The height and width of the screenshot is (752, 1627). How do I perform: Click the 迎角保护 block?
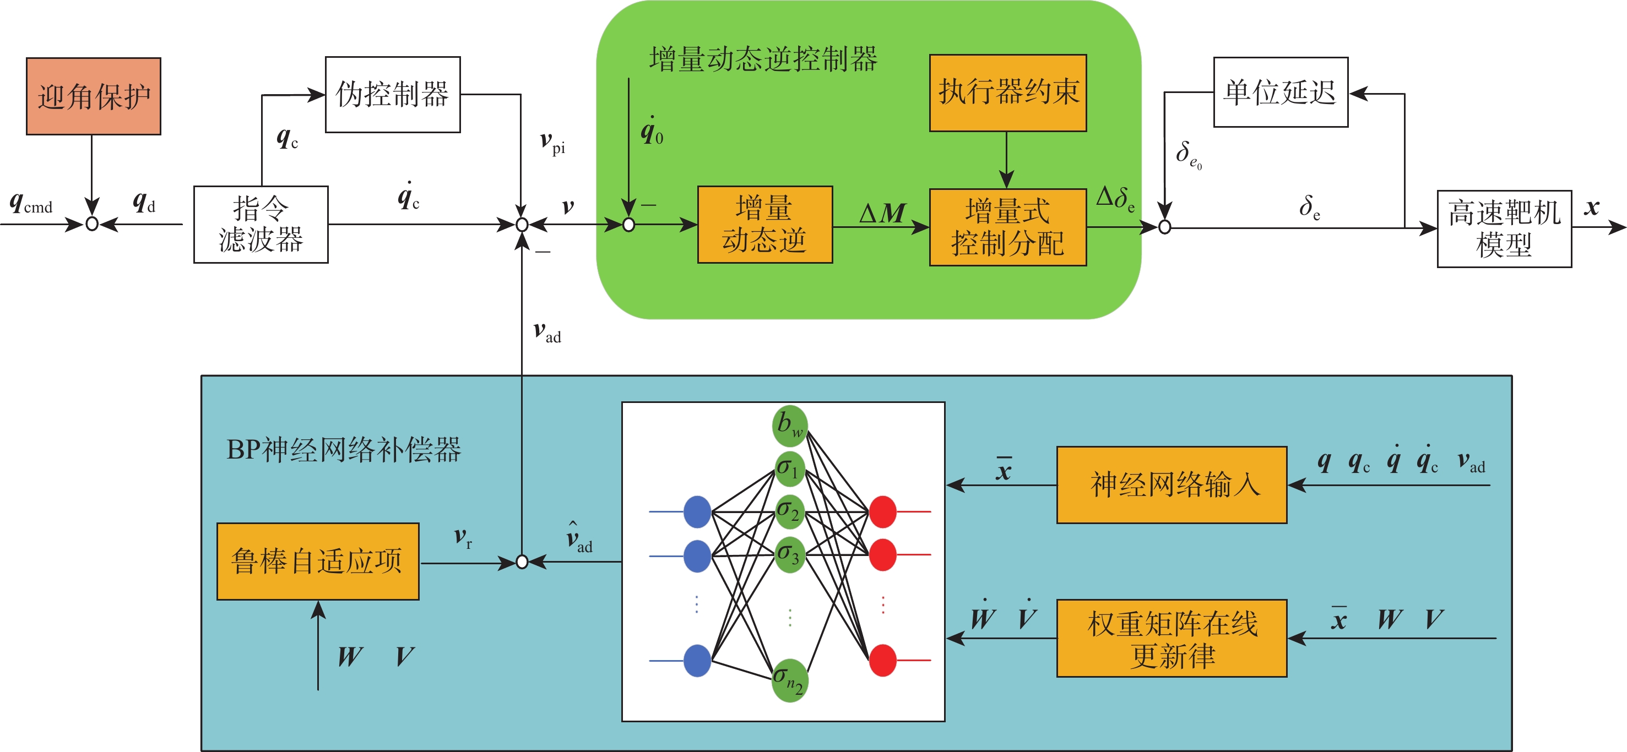[x=94, y=96]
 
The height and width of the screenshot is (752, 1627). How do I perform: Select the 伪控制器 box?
[x=392, y=94]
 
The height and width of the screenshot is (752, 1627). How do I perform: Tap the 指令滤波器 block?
[x=261, y=224]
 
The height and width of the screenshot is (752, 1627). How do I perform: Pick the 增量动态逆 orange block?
[x=764, y=224]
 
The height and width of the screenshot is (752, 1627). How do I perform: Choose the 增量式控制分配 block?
[x=1007, y=227]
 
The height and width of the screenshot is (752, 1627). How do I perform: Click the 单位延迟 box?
[x=1280, y=92]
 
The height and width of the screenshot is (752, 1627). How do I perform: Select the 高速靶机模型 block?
[x=1504, y=228]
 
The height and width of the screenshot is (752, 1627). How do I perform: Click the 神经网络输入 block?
[x=1172, y=484]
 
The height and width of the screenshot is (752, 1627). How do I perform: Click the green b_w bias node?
[x=789, y=425]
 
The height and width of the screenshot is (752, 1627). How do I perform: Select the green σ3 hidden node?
[x=789, y=555]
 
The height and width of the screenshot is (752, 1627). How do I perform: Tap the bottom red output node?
[x=882, y=661]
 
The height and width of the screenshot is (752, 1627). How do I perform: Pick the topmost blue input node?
[x=697, y=511]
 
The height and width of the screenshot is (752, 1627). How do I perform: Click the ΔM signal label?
[x=882, y=214]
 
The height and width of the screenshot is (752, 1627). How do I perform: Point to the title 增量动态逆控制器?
[x=763, y=59]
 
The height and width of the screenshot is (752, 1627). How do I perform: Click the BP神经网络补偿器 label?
[x=344, y=450]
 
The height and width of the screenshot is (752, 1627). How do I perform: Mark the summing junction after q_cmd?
[x=92, y=224]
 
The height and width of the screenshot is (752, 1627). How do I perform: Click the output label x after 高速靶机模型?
[x=1592, y=207]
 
